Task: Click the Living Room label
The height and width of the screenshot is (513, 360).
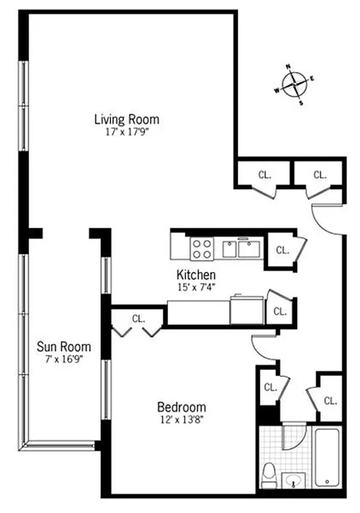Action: (x=126, y=119)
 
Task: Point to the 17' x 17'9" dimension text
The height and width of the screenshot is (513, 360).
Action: (x=126, y=131)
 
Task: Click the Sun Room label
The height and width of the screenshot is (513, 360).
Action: (x=63, y=347)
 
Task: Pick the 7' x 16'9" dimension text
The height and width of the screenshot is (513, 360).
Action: (x=63, y=359)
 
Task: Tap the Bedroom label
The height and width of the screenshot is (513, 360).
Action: (x=182, y=407)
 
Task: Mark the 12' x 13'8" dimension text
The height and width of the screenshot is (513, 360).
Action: (x=182, y=419)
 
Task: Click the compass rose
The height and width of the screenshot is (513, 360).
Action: (x=295, y=83)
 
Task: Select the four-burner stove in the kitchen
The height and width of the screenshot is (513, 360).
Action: (x=201, y=248)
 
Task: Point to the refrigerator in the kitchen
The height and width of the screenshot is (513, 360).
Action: (x=247, y=310)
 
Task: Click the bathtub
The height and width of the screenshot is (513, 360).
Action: (x=328, y=458)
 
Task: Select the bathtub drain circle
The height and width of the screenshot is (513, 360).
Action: (x=328, y=481)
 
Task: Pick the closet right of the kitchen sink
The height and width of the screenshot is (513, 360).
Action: (x=281, y=250)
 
